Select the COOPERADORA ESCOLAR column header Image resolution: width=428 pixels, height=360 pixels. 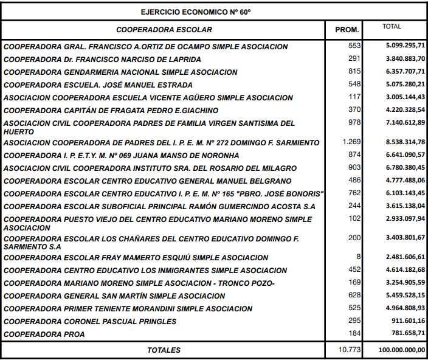coord(164,29)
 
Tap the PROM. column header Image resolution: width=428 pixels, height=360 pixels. coord(348,30)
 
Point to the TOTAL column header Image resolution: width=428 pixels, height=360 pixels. coord(392,27)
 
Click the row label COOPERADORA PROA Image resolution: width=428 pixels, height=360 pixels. coord(44,334)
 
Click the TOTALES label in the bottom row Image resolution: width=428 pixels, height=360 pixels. coord(164,350)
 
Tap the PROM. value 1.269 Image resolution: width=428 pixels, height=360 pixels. coord(351,142)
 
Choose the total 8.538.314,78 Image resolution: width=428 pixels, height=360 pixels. coord(406,142)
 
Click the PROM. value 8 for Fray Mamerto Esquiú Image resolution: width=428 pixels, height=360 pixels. coord(359,257)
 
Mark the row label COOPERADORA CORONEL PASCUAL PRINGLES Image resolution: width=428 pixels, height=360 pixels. coord(90,322)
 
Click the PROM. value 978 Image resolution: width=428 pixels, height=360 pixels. coord(354,123)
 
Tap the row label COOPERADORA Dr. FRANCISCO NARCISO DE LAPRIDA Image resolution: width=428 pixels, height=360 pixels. coord(102,60)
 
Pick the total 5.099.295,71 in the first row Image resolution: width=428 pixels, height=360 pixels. coord(406,46)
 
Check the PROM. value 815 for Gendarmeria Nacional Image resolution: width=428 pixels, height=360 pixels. coord(354,72)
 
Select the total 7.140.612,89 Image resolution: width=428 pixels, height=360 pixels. coord(406,123)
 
